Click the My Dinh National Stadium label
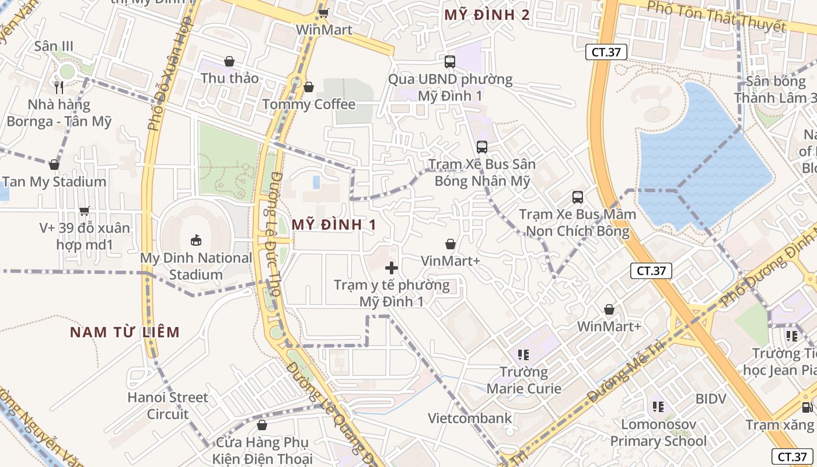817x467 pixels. pyautogui.click(x=196, y=266)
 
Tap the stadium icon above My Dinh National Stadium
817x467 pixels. pyautogui.click(x=196, y=240)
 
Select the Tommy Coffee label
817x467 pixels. pyautogui.click(x=309, y=104)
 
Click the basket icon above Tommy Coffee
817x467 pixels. pyautogui.click(x=309, y=88)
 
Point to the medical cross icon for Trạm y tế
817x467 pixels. pyautogui.click(x=392, y=268)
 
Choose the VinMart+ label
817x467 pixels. pyautogui.click(x=451, y=261)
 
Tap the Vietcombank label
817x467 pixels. pyautogui.click(x=470, y=418)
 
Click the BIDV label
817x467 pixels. pyautogui.click(x=711, y=399)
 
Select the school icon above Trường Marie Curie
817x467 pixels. pyautogui.click(x=523, y=354)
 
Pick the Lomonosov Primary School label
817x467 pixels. pyautogui.click(x=658, y=433)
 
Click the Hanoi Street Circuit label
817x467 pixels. pyautogui.click(x=167, y=406)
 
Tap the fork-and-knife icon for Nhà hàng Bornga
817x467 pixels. pyautogui.click(x=59, y=88)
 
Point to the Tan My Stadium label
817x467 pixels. pyautogui.click(x=54, y=182)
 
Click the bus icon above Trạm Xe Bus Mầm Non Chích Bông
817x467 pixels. pyautogui.click(x=578, y=197)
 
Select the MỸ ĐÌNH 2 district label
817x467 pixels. pyautogui.click(x=487, y=15)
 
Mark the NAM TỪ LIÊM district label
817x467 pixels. pyautogui.click(x=125, y=332)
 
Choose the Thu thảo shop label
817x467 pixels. pyautogui.click(x=229, y=78)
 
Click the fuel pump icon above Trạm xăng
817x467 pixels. pyautogui.click(x=807, y=407)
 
